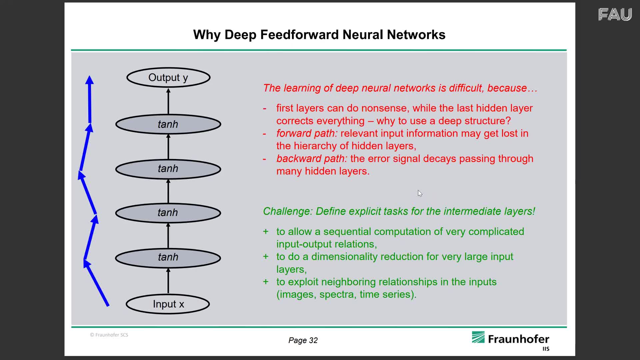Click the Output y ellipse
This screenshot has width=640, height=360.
point(168,78)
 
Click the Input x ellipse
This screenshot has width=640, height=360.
point(168,304)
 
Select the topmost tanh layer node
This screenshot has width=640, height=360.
point(168,124)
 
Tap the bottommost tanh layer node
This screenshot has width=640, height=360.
point(168,257)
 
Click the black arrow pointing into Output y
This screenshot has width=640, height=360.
point(168,101)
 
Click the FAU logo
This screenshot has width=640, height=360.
point(615,15)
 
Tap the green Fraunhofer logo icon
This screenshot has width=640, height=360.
point(478,337)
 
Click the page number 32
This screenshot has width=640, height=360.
point(313,340)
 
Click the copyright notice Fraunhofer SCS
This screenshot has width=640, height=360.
point(109,335)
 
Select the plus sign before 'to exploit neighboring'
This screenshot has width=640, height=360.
point(266,282)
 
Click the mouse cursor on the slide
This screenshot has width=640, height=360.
point(420,193)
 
